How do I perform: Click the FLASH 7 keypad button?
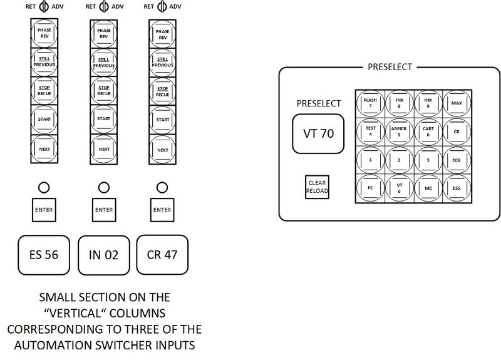[x=370, y=102]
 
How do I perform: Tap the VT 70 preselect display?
[x=318, y=133]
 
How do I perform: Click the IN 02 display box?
[x=104, y=255]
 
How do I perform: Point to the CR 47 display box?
[x=162, y=255]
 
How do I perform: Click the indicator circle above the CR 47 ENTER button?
[x=162, y=187]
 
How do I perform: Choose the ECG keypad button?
[x=456, y=160]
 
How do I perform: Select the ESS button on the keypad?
[x=456, y=188]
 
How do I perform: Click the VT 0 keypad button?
[x=399, y=188]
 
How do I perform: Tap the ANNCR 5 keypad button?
[x=399, y=131]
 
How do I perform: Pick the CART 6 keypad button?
[x=428, y=131]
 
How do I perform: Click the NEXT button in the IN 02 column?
[x=104, y=149]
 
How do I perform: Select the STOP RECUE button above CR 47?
[x=162, y=91]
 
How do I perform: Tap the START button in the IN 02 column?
[x=104, y=120]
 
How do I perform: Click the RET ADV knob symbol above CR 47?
[x=162, y=8]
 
